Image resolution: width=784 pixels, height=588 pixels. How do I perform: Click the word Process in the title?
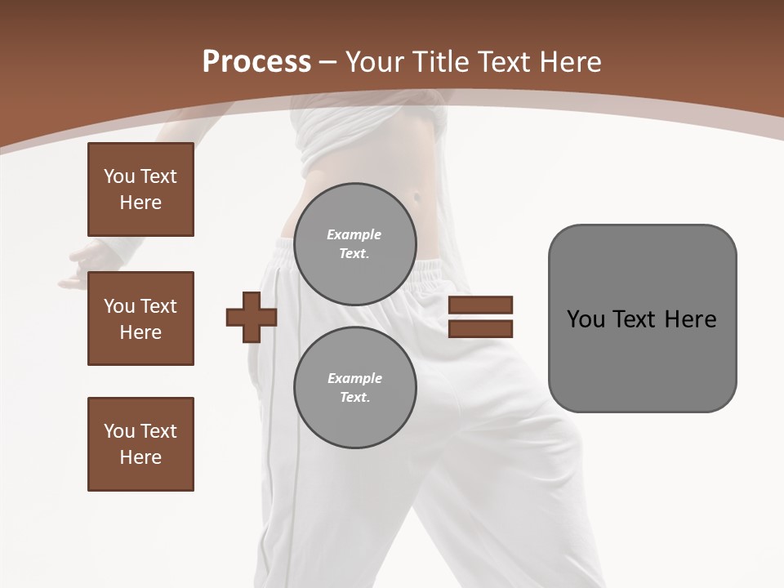click(256, 62)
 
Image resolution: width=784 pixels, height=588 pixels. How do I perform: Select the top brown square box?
click(140, 189)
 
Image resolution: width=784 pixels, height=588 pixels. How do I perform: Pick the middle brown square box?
click(140, 318)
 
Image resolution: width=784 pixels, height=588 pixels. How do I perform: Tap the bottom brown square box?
click(140, 444)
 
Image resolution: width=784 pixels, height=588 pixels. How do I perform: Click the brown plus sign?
click(252, 317)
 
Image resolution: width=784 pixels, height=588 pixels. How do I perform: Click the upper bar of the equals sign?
click(480, 305)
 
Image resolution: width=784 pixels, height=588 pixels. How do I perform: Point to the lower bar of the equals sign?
click(480, 329)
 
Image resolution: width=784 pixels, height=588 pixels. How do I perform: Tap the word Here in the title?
click(571, 62)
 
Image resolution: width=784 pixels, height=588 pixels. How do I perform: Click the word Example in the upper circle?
click(354, 234)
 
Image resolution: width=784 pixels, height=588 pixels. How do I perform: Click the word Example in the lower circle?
click(354, 378)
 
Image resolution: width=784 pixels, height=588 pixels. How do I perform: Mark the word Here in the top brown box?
click(140, 203)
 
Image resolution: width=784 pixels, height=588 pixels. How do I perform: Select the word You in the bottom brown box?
click(118, 431)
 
